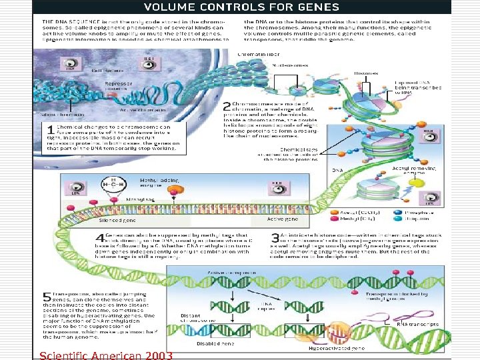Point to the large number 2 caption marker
point(227,106)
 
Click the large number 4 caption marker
point(99,238)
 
